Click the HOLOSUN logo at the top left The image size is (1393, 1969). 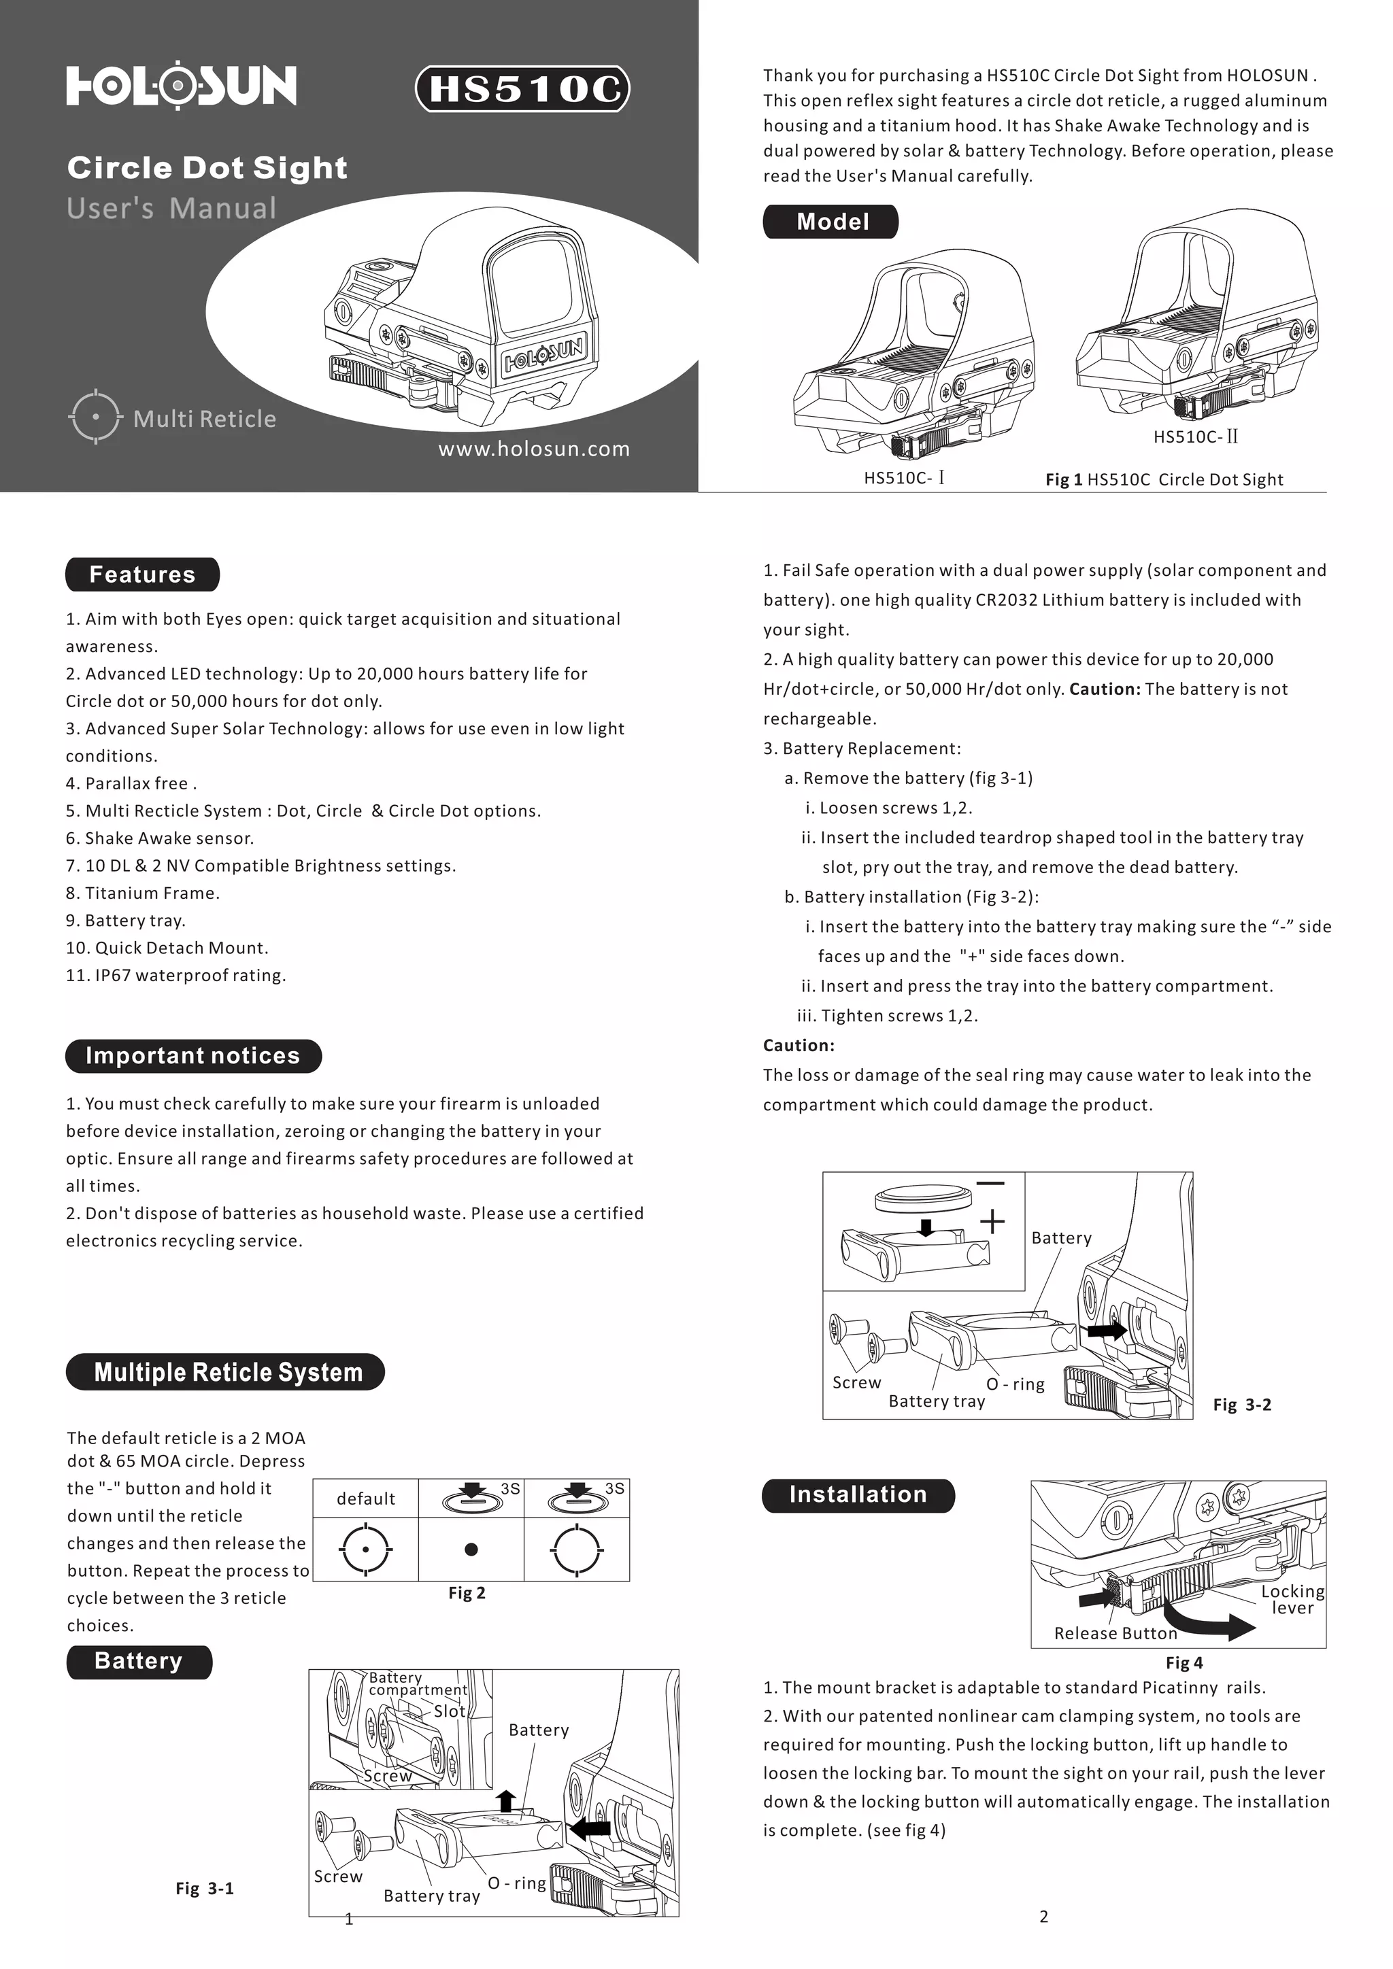coord(181,86)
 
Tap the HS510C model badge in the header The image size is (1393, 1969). coord(522,89)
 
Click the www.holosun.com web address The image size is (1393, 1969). coord(533,449)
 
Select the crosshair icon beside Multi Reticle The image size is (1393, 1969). coord(95,417)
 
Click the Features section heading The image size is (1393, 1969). coord(142,575)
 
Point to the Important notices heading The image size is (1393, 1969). coord(193,1056)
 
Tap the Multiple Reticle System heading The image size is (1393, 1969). coord(226,1372)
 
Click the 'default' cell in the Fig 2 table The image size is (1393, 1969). coord(365,1499)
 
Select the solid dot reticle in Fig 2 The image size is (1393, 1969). coord(471,1549)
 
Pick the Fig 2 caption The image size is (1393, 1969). coord(467,1592)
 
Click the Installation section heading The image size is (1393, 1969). coord(858,1494)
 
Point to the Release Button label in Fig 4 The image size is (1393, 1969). coord(1115,1634)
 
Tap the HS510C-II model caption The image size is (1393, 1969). coord(1196,436)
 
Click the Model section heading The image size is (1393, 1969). coord(831,221)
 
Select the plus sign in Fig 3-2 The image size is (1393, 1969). coord(992,1220)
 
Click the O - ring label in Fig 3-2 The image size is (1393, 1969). coord(1015,1384)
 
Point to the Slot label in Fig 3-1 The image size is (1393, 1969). coord(449,1711)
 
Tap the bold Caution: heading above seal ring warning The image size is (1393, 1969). coord(799,1046)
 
